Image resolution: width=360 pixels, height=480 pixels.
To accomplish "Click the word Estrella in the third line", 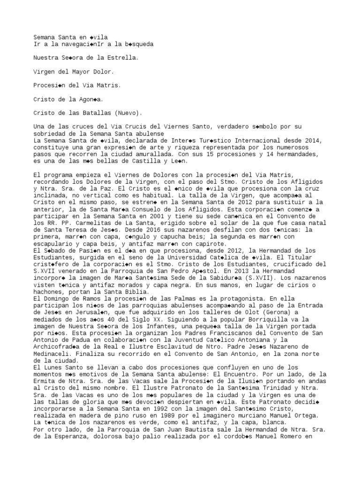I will [x=124, y=59].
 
